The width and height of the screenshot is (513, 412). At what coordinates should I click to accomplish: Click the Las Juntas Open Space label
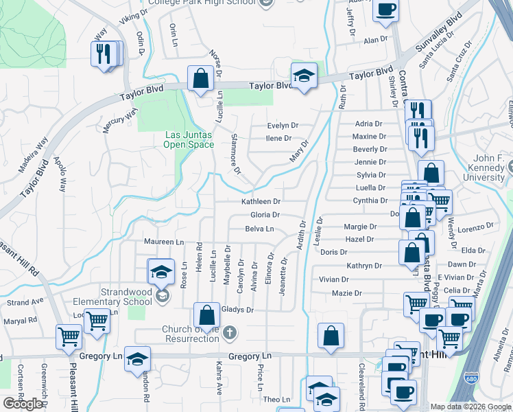(189, 139)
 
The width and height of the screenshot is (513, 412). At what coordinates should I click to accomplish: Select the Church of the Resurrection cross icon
(230, 333)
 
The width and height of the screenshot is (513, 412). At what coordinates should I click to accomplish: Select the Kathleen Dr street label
(261, 202)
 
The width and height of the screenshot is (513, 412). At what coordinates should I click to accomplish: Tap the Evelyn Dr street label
(283, 126)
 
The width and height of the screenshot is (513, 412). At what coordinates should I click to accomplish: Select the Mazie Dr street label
(346, 293)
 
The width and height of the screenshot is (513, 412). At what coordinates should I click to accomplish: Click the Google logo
(23, 403)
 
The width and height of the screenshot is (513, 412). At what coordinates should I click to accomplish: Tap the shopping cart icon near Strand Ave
(97, 319)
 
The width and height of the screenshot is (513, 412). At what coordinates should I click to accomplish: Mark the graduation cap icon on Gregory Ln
(137, 359)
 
